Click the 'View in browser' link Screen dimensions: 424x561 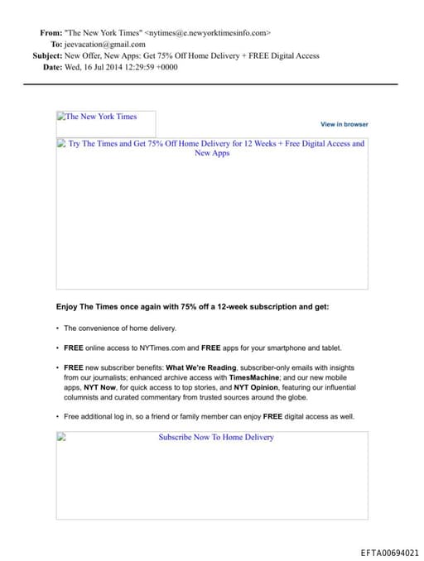point(344,124)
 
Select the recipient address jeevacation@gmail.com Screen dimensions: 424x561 point(106,45)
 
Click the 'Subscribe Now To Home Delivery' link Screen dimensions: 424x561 point(216,437)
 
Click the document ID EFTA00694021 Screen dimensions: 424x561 point(390,553)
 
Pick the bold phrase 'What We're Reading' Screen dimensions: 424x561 point(202,367)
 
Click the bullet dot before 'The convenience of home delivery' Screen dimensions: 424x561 point(58,328)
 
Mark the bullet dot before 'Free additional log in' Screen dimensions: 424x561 point(58,417)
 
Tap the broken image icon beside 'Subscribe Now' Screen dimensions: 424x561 point(61,437)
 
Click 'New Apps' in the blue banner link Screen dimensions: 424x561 point(212,153)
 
